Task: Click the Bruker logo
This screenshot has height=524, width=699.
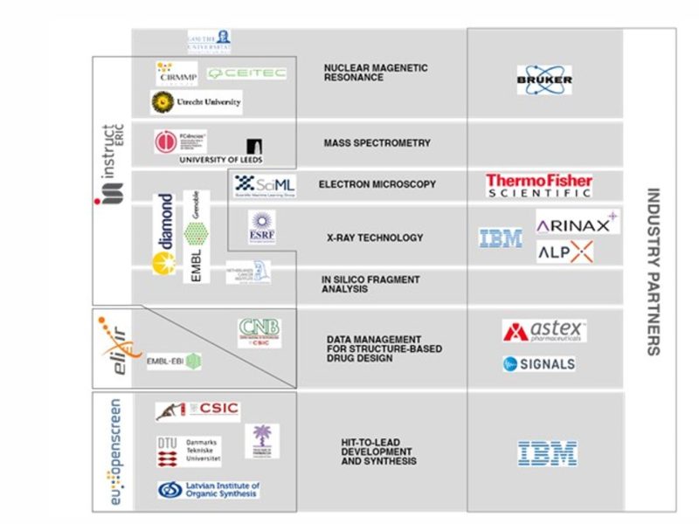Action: (544, 79)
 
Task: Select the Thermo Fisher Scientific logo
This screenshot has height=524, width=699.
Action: (539, 185)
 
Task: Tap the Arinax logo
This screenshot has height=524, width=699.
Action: (577, 224)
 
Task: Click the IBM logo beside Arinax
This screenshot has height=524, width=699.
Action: (501, 238)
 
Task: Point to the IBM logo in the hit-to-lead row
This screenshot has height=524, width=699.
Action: (547, 453)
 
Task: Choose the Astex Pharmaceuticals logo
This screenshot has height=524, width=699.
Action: (544, 331)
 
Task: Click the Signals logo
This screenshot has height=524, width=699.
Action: (539, 363)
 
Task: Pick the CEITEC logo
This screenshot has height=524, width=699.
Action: (247, 72)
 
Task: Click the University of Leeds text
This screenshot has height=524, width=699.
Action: (220, 160)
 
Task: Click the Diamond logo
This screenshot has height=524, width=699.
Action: (163, 233)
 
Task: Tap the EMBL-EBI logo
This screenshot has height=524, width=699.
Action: (174, 360)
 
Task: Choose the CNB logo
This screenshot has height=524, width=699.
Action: (260, 333)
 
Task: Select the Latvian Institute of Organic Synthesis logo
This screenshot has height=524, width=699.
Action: (209, 490)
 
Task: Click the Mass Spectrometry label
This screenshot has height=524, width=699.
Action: (377, 143)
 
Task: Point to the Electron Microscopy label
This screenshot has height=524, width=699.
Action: (377, 184)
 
